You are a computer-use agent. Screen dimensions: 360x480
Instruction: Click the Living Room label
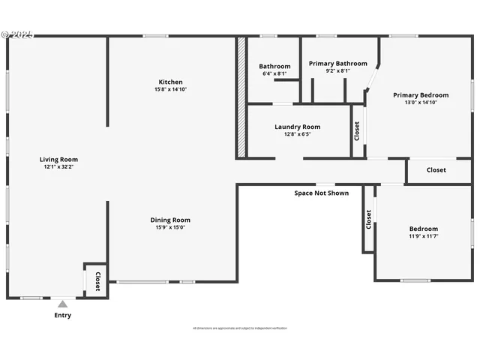click(x=58, y=159)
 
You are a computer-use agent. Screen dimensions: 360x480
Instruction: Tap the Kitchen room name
click(x=170, y=82)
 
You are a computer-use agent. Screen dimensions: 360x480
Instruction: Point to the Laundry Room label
click(x=297, y=127)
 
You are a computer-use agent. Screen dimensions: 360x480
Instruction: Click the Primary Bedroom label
click(x=421, y=95)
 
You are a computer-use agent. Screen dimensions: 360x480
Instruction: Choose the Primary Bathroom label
click(x=338, y=64)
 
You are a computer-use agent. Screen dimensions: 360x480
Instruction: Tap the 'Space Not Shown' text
click(x=321, y=193)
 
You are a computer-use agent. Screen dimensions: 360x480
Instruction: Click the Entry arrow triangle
click(x=63, y=304)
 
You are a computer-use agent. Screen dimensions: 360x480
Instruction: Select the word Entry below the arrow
click(x=63, y=315)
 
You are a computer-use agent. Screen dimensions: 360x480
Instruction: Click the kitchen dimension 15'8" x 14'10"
click(x=170, y=90)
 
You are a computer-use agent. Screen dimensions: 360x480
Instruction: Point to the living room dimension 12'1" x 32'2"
click(x=58, y=166)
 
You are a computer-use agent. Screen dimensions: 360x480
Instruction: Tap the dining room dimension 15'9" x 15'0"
click(x=170, y=227)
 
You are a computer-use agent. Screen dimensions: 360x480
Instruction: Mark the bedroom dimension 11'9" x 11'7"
click(x=423, y=237)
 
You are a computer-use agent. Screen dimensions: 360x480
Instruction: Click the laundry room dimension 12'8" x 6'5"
click(x=297, y=135)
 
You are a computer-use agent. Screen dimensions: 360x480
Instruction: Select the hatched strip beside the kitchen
click(x=241, y=97)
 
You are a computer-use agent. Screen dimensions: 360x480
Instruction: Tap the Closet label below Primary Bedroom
click(x=436, y=169)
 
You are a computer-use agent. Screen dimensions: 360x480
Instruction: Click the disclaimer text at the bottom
click(x=240, y=328)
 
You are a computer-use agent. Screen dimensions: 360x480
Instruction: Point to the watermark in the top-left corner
click(x=16, y=34)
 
